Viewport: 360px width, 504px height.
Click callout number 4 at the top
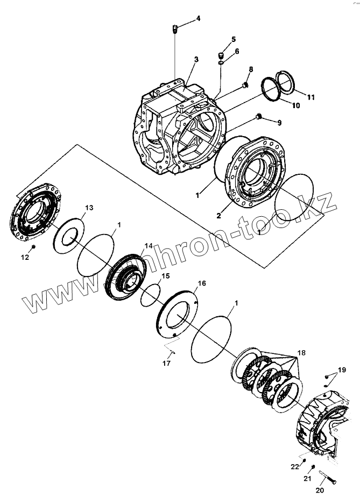click(x=198, y=18)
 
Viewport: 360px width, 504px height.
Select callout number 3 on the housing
click(x=196, y=59)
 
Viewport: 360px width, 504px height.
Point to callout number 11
click(x=311, y=97)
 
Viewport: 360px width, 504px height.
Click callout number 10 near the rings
click(x=297, y=106)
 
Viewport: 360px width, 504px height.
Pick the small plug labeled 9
click(x=259, y=117)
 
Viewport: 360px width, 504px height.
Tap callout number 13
click(x=89, y=208)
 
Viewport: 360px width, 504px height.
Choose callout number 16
click(x=202, y=283)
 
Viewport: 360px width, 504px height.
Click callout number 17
click(x=167, y=364)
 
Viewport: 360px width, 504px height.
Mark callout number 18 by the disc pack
click(x=300, y=353)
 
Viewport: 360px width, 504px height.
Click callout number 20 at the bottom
click(x=320, y=491)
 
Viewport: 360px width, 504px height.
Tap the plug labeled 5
click(x=221, y=55)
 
